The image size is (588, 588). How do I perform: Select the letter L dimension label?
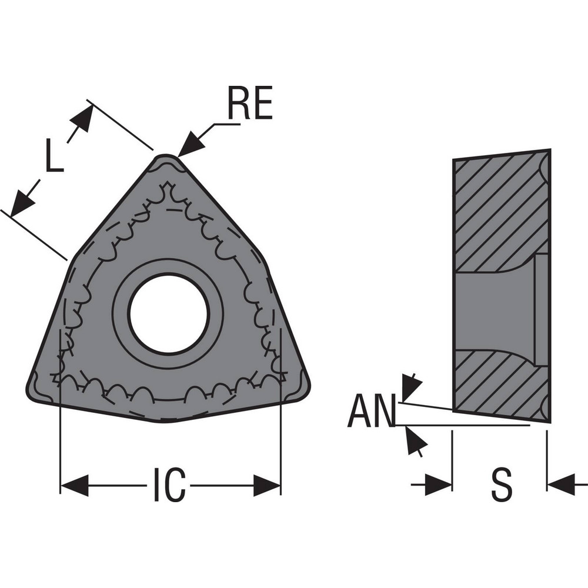[54, 155]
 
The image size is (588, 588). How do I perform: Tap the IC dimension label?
[169, 485]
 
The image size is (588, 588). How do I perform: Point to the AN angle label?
[371, 412]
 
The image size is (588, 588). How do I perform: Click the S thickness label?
[501, 485]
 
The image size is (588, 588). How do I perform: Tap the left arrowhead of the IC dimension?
[73, 485]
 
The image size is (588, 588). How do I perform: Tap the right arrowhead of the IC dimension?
[268, 485]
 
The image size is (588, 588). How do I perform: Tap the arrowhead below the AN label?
[415, 442]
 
